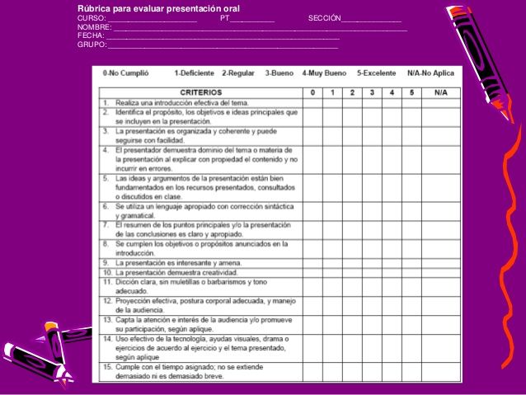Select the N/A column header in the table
click(x=439, y=92)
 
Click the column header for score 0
click(x=312, y=92)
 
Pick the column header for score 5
click(x=411, y=92)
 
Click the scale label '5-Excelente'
click(x=378, y=73)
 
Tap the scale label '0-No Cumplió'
click(x=125, y=73)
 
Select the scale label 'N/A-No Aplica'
click(x=430, y=73)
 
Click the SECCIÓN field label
click(x=325, y=18)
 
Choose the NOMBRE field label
click(x=94, y=27)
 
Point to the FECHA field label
click(x=91, y=36)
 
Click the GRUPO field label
click(x=92, y=45)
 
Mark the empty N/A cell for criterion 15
click(x=439, y=370)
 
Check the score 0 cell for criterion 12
click(x=312, y=305)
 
